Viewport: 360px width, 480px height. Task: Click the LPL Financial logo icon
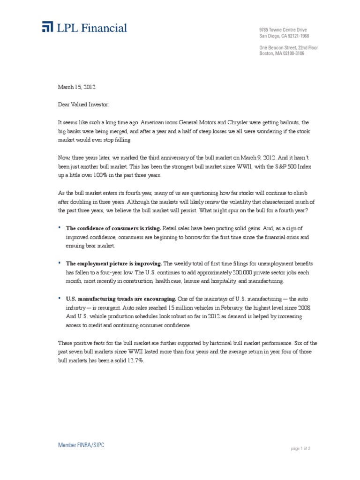pos(47,27)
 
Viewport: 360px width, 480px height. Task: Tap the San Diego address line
pos(284,36)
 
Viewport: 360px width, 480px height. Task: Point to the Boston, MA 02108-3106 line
pos(282,53)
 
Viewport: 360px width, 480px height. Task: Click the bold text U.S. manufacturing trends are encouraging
pos(121,298)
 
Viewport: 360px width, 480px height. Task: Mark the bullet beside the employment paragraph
pos(60,262)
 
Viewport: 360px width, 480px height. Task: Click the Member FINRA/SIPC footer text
pos(81,445)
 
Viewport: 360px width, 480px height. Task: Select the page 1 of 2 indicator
pos(300,448)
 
